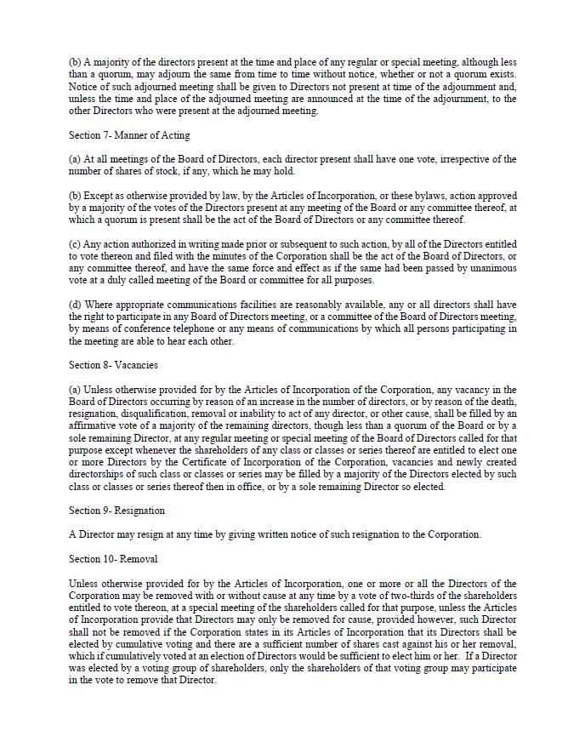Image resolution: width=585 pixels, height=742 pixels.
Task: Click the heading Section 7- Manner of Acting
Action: (129, 135)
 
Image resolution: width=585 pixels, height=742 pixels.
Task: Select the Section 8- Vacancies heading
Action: (113, 365)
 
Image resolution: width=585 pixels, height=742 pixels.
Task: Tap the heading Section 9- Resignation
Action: (116, 511)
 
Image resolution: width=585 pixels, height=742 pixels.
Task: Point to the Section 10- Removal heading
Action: (113, 559)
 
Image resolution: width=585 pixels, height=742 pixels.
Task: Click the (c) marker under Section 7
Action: (75, 244)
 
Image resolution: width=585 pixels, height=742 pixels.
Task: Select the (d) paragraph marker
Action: (75, 305)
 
